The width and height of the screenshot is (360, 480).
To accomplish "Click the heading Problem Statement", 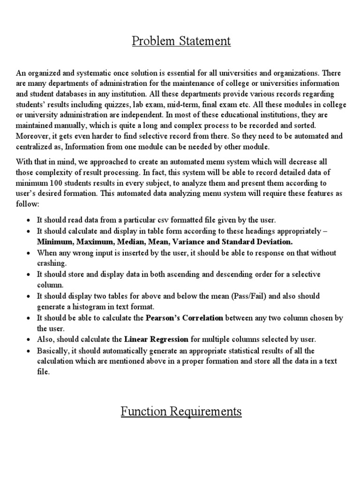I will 181,41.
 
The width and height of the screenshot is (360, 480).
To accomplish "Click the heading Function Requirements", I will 181,412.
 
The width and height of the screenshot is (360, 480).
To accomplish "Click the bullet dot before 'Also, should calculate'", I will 29,339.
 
